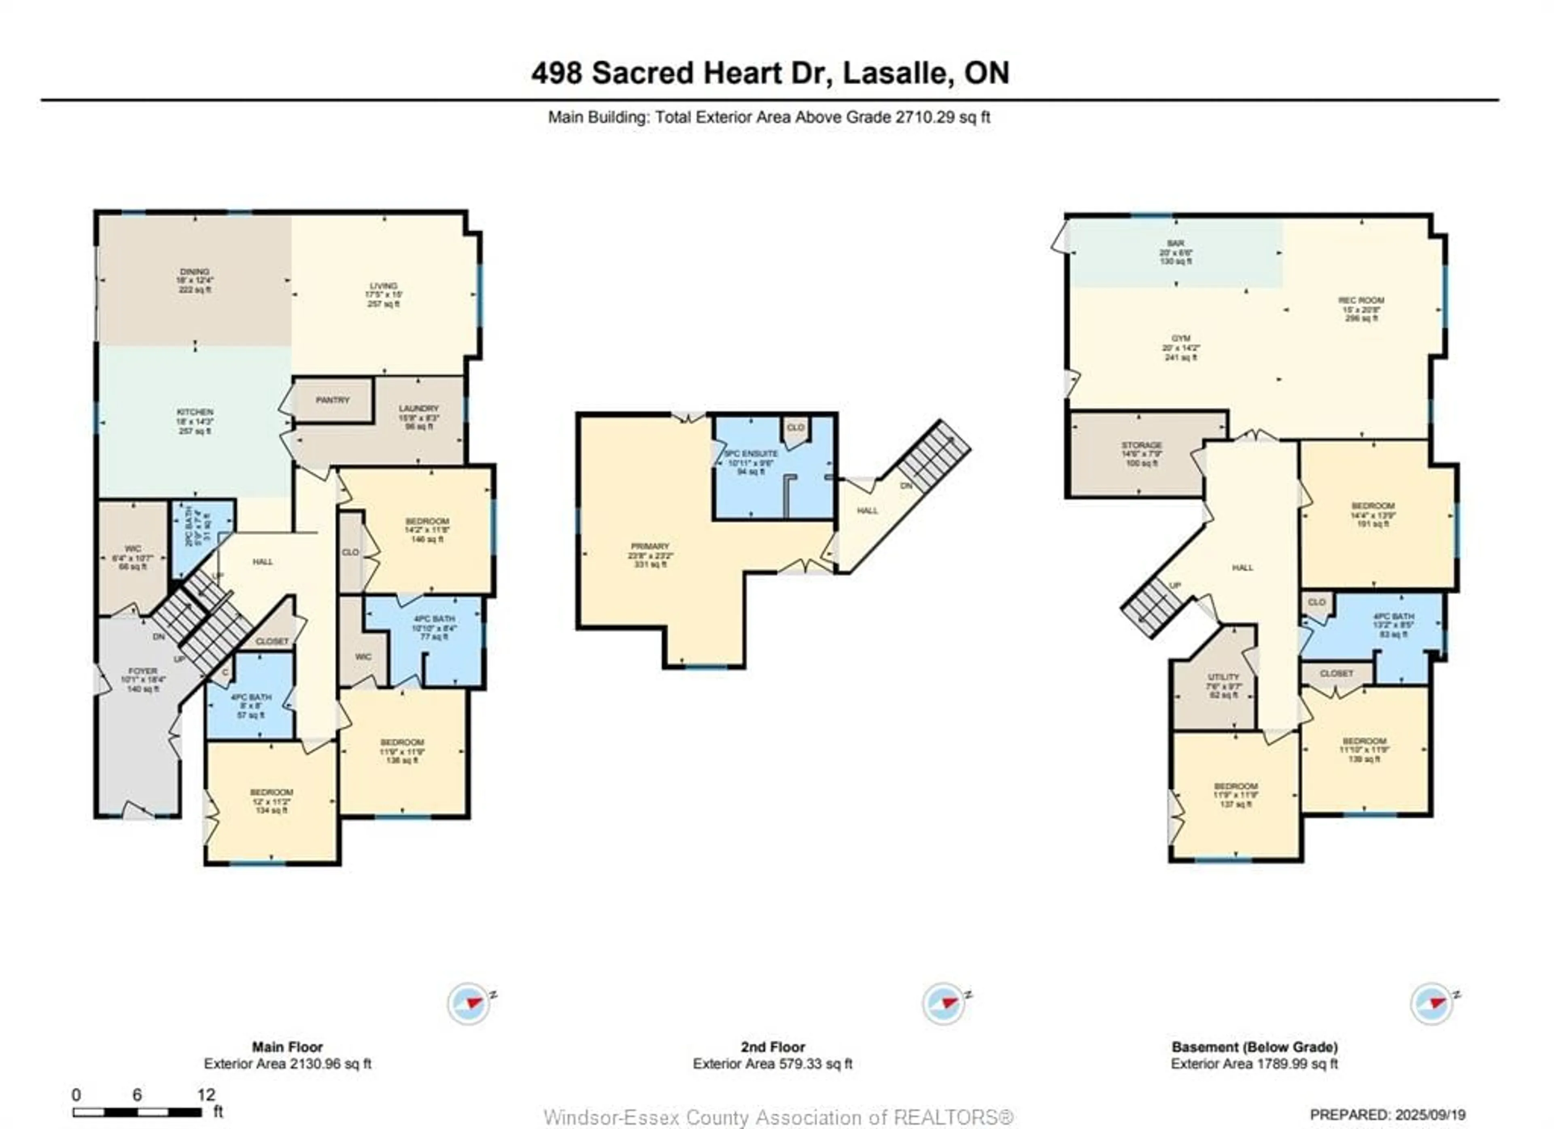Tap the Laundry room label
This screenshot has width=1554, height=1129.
[418, 408]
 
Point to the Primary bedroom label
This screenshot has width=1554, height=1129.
[650, 547]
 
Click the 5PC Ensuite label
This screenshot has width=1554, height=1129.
[751, 454]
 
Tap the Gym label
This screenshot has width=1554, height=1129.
[1180, 338]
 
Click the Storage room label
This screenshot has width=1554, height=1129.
[1142, 445]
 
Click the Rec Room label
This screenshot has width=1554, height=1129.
[1361, 301]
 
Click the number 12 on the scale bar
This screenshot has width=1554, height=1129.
[206, 1095]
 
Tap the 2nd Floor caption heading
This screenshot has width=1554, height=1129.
[772, 1047]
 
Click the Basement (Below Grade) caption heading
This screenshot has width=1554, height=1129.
[1254, 1047]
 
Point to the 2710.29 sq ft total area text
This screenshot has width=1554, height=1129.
[942, 117]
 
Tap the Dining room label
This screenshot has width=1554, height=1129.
[195, 272]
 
